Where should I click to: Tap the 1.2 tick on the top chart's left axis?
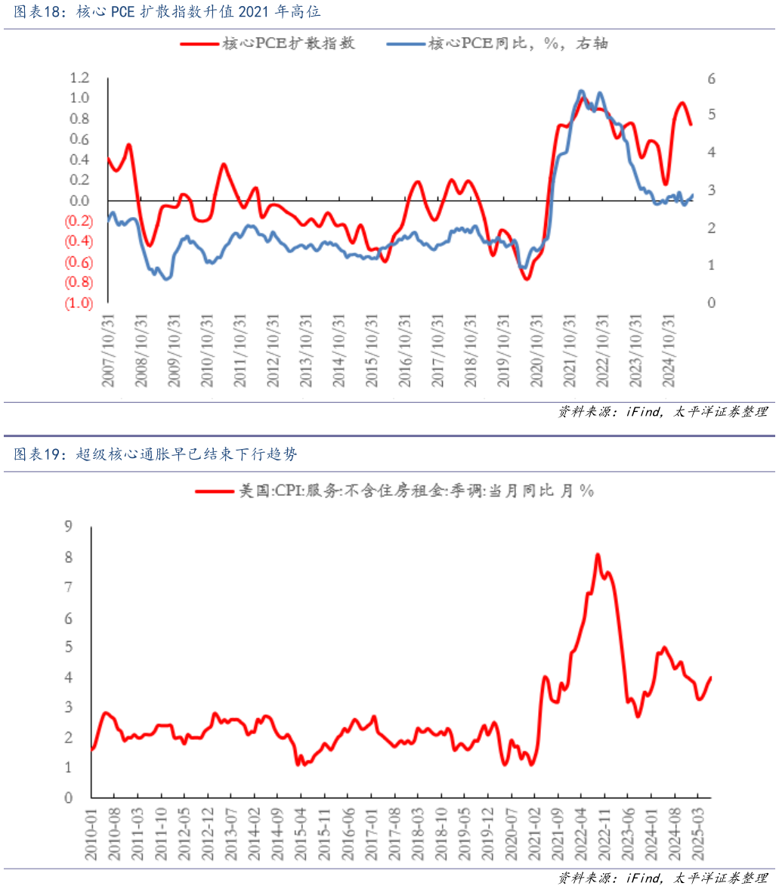79,78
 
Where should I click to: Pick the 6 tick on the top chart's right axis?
711,79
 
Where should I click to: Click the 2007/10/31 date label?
108,352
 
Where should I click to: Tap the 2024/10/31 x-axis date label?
668,352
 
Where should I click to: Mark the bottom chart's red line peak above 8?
598,554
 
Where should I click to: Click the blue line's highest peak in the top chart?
580,91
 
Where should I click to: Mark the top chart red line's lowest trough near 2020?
527,279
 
